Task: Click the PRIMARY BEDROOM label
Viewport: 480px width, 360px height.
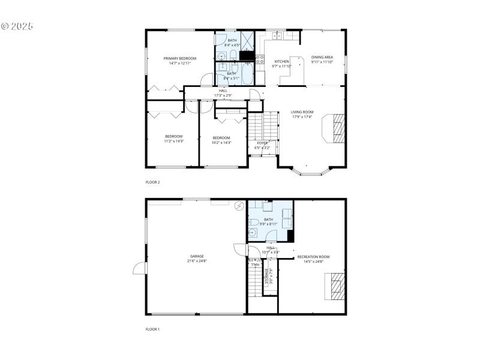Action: click(x=179, y=58)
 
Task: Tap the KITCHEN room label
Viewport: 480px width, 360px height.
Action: click(x=281, y=61)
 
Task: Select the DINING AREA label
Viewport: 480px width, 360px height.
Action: click(x=322, y=58)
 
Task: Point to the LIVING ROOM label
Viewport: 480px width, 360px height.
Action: click(x=302, y=112)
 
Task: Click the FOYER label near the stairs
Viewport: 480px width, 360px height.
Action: click(x=262, y=143)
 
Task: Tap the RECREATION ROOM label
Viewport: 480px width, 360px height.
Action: click(x=314, y=257)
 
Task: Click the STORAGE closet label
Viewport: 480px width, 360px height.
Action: click(x=267, y=277)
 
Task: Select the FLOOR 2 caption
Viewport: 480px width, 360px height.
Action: click(x=153, y=182)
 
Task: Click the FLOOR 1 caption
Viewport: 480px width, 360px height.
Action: click(x=153, y=329)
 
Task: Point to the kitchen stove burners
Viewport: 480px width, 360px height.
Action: click(x=260, y=59)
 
